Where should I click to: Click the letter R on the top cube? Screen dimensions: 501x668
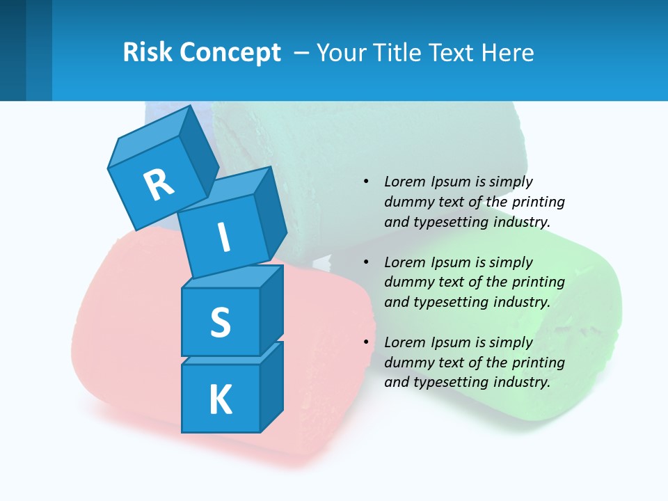pos(159,184)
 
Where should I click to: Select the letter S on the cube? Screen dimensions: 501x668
pos(220,323)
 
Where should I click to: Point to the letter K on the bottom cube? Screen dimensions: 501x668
pos(220,400)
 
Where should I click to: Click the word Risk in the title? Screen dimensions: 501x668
pos(148,52)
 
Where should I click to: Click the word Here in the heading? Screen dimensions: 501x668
pos(507,53)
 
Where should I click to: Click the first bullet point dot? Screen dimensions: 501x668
pos(366,182)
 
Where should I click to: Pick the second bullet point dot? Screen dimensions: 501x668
pos(366,262)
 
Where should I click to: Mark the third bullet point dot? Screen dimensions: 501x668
pos(366,342)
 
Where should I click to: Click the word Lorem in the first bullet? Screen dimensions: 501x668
pos(404,182)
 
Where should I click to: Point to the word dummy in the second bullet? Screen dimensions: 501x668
pos(407,282)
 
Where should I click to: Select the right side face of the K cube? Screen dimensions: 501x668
pos(271,386)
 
